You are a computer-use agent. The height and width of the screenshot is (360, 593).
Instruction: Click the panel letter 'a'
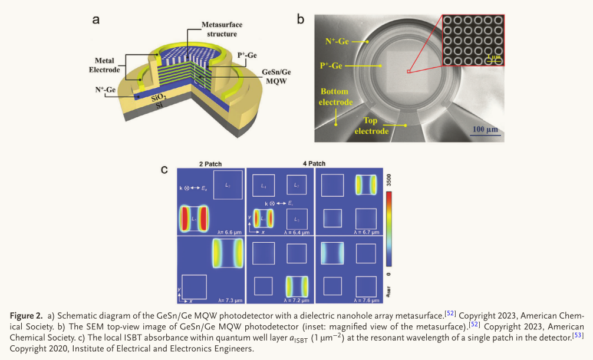(x=95, y=19)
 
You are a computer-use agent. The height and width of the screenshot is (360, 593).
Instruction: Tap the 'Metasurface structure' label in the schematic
(x=222, y=29)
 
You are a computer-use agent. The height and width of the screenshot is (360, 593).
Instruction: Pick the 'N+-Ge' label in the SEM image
(x=338, y=42)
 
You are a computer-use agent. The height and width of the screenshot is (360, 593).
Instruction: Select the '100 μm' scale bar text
(x=485, y=129)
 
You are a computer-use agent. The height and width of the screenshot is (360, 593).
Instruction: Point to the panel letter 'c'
(x=166, y=170)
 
